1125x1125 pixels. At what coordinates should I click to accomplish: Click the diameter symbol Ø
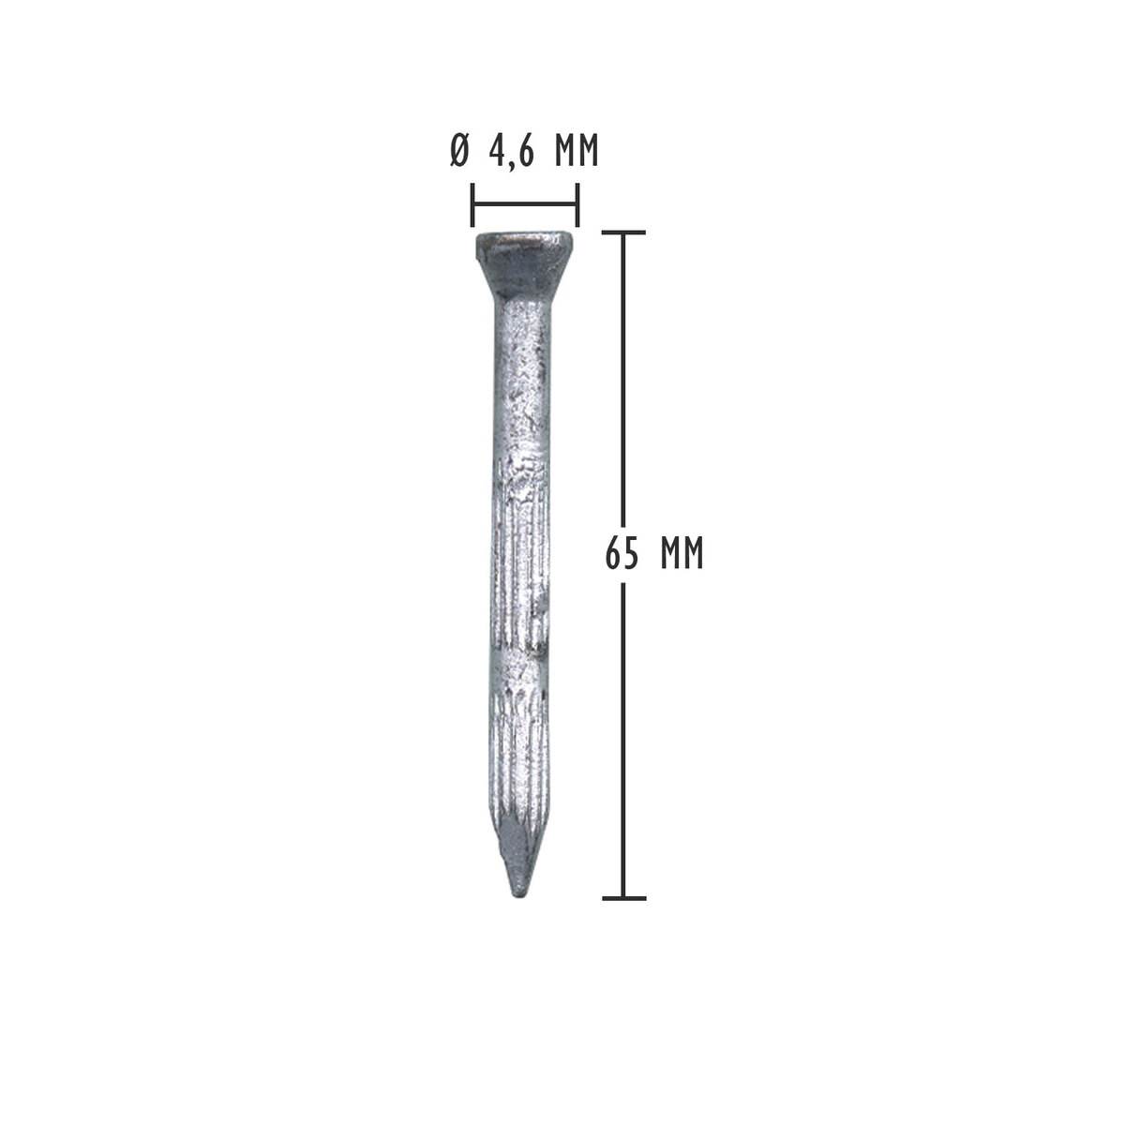(x=458, y=152)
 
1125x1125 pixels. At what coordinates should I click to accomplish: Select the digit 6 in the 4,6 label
(x=526, y=152)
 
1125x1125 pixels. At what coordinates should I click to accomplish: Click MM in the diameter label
(x=575, y=152)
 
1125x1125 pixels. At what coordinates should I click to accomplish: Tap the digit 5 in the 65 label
(x=632, y=554)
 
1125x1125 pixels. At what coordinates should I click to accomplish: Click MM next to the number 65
(x=681, y=554)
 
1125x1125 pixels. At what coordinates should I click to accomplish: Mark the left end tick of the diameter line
(x=472, y=205)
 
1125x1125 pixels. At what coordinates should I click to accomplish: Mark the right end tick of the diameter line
(x=577, y=205)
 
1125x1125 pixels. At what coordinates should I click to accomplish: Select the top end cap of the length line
(x=623, y=232)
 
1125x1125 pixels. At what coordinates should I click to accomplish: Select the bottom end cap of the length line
(x=623, y=898)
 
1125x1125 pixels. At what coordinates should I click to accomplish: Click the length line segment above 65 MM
(x=623, y=375)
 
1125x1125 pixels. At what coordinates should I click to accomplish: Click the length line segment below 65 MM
(x=623, y=741)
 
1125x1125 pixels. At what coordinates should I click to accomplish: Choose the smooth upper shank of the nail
(x=520, y=375)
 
